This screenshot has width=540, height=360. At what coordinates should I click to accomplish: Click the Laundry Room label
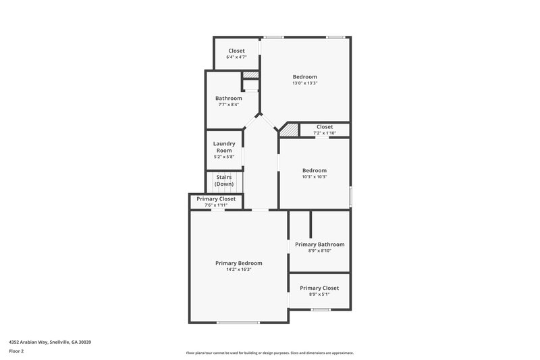(224, 147)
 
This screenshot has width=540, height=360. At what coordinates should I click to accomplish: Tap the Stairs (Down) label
(224, 181)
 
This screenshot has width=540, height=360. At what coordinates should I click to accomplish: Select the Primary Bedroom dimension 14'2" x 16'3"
(239, 269)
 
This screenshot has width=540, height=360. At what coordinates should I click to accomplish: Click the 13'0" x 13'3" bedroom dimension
(304, 84)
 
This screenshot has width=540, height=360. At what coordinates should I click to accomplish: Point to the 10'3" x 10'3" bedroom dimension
(314, 177)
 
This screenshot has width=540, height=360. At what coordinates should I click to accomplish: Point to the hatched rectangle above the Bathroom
(250, 75)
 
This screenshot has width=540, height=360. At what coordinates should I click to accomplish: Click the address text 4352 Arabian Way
(50, 342)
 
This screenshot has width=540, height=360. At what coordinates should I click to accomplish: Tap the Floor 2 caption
(17, 351)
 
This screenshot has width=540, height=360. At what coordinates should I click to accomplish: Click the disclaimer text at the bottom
(269, 353)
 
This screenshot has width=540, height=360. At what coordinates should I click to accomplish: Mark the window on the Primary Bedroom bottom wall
(238, 322)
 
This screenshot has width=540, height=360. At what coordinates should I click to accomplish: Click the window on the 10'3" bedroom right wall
(350, 194)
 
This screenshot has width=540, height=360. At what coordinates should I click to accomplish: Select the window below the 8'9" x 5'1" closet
(321, 309)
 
